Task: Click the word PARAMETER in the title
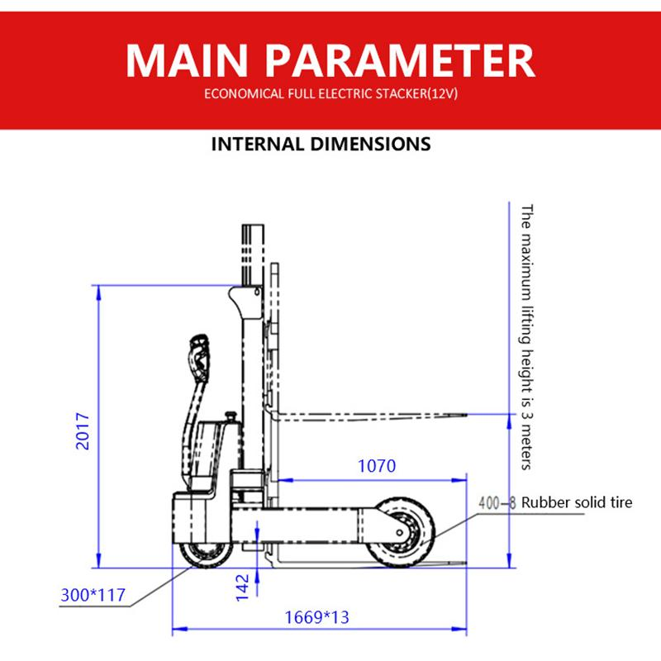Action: pos(403,59)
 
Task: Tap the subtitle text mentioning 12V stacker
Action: pos(330,94)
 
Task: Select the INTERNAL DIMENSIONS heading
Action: pos(321,144)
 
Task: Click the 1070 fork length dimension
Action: pos(376,465)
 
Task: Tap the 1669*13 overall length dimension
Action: pos(316,616)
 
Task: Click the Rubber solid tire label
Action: pos(576,502)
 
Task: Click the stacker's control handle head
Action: pos(198,350)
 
